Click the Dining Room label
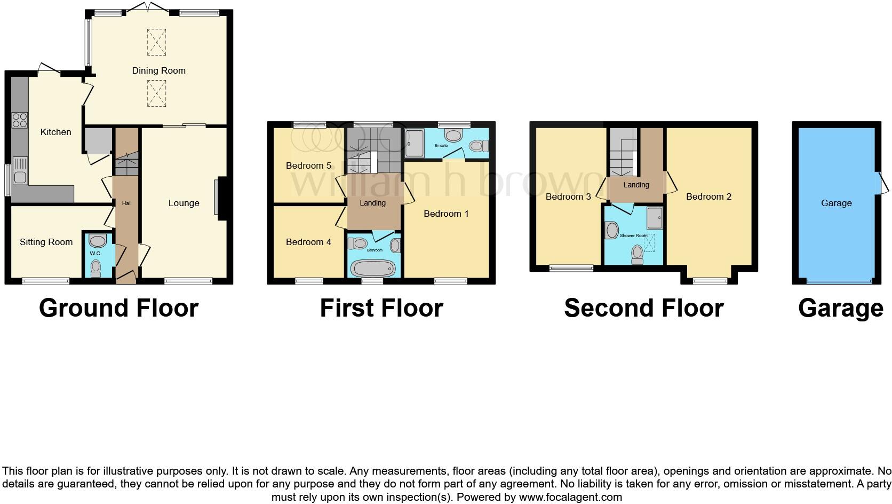tap(158, 70)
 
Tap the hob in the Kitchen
tap(20, 120)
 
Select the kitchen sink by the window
tap(20, 170)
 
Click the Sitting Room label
tap(46, 242)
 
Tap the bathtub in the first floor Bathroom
tap(372, 267)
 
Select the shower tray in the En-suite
tap(414, 144)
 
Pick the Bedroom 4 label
tap(308, 242)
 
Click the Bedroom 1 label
tap(446, 214)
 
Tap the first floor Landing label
tap(372, 203)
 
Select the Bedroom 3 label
tap(568, 196)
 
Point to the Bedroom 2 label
tap(708, 196)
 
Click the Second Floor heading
tap(643, 308)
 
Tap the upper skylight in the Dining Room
tap(156, 42)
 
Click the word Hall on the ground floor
tap(126, 203)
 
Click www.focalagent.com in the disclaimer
tap(570, 498)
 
